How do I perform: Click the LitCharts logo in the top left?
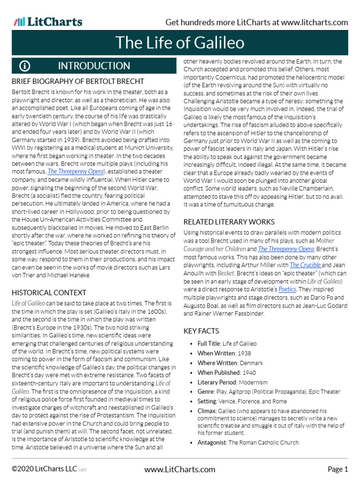coord(48,22)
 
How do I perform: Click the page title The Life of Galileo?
coord(180,43)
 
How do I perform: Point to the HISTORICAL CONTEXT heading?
coord(49,292)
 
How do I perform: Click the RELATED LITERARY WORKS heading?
coord(229,222)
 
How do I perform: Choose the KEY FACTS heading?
coord(201,331)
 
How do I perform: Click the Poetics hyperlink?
coord(287,290)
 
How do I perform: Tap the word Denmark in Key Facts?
coord(251,363)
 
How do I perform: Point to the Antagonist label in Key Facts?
coord(212,442)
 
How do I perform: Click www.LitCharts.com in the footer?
coord(180,469)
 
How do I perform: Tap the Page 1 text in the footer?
coord(337,469)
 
